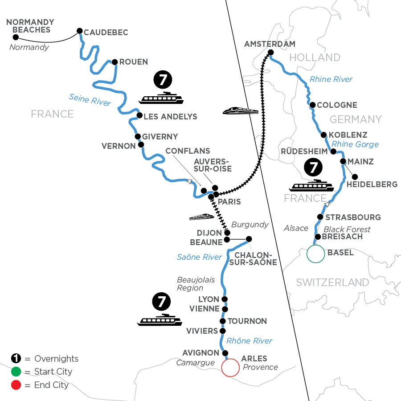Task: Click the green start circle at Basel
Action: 315,254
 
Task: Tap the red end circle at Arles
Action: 230,368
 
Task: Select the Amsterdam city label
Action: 270,44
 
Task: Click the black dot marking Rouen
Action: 115,62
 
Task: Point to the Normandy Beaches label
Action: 30,26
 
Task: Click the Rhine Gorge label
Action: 355,144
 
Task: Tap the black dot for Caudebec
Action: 79,31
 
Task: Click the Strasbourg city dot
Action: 319,217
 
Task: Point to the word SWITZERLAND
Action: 332,282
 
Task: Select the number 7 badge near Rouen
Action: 161,81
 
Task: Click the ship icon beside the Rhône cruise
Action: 160,320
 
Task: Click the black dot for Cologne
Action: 313,105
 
